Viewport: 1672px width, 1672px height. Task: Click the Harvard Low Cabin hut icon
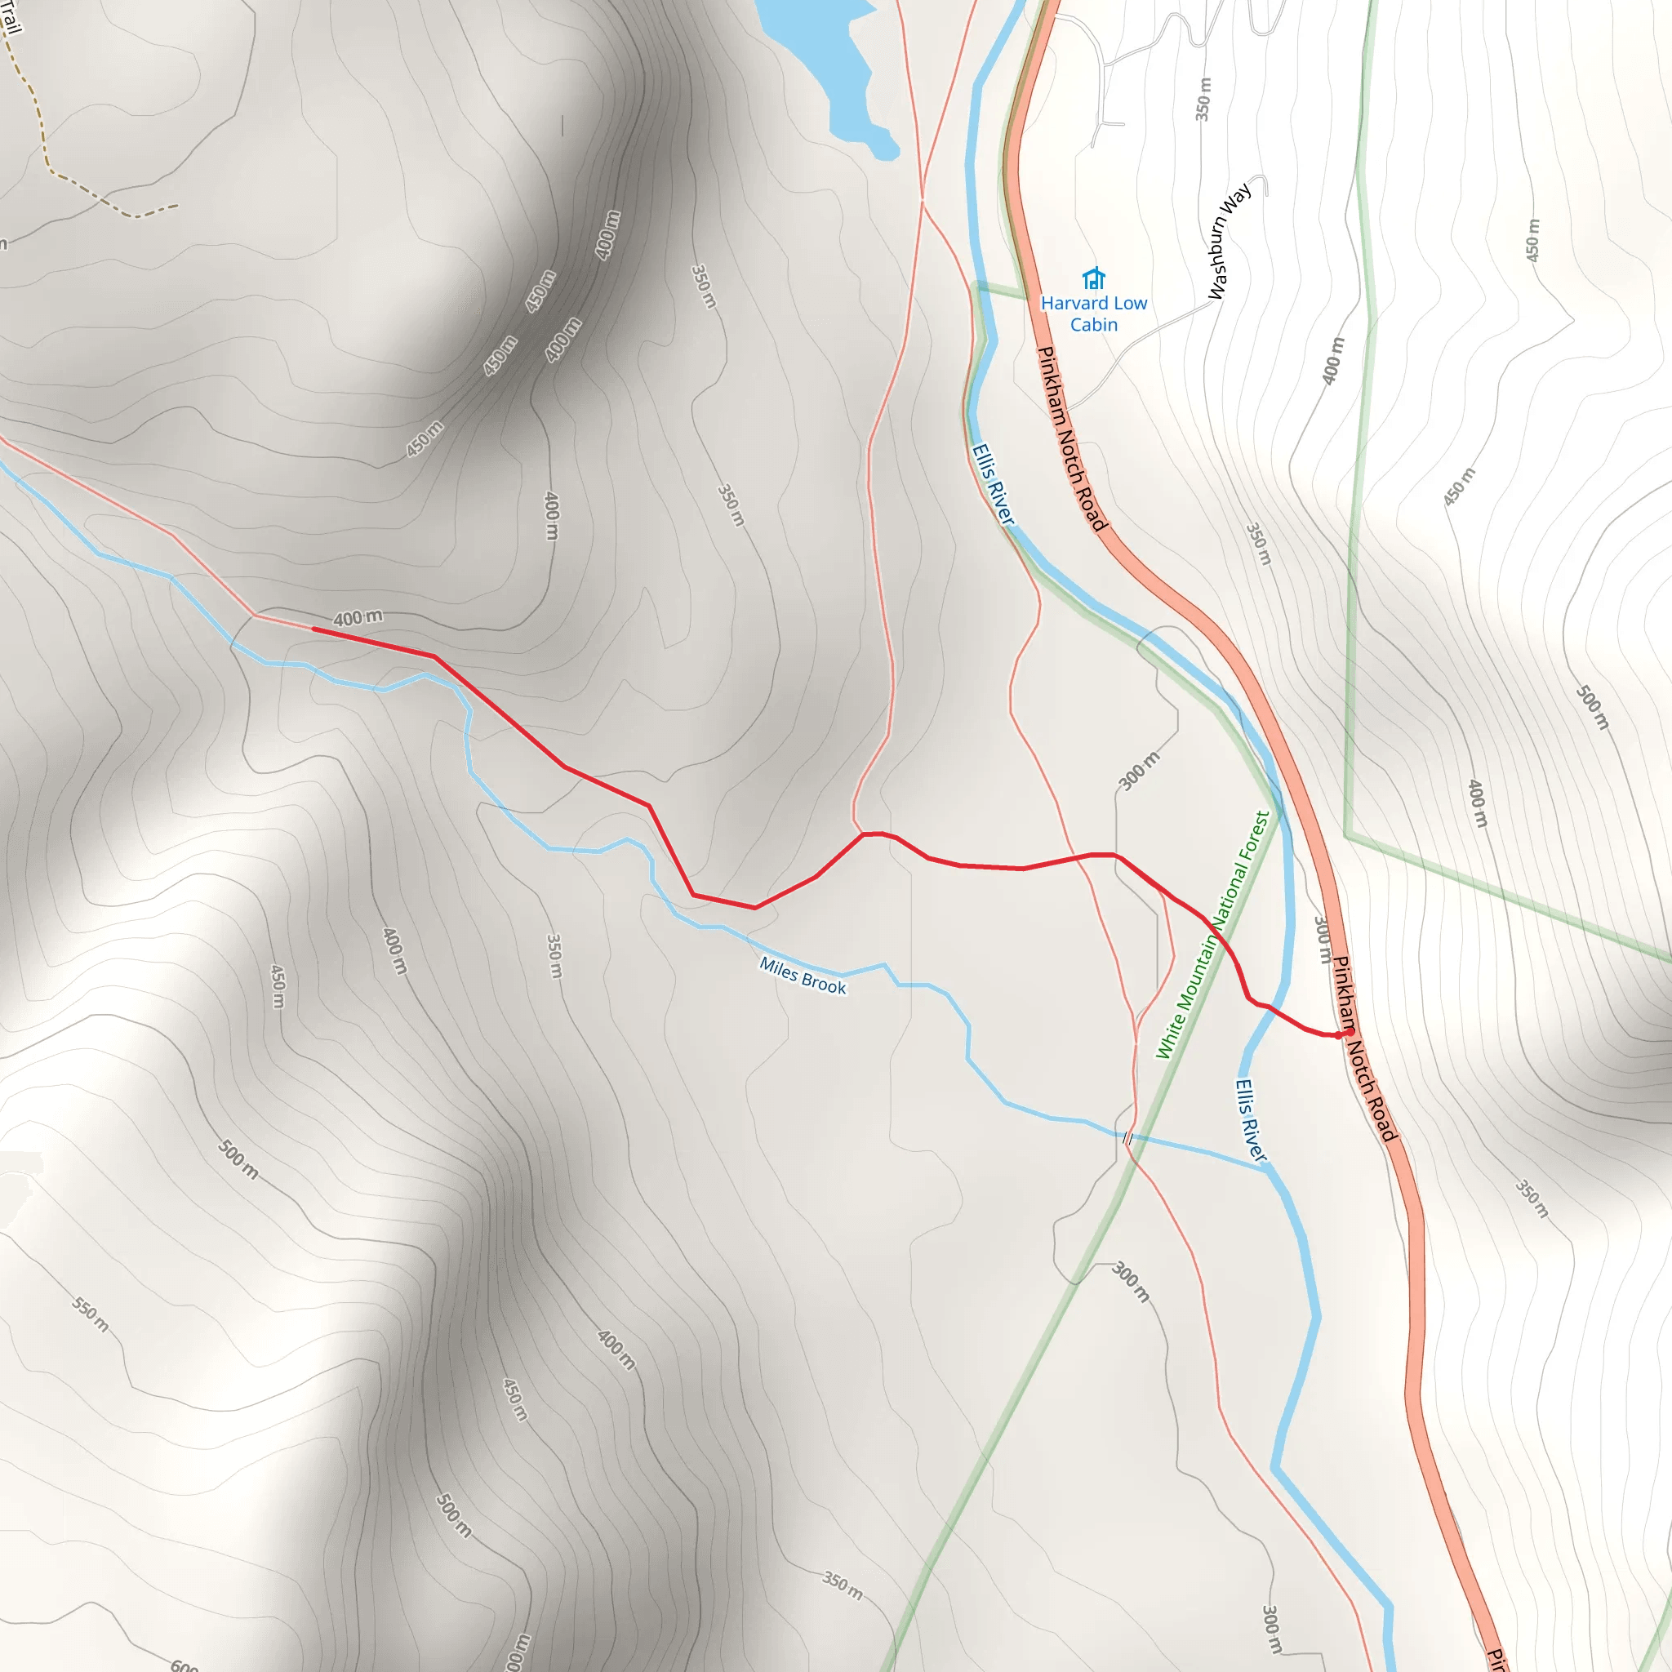[1094, 278]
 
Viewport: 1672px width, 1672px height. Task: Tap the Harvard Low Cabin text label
[1094, 313]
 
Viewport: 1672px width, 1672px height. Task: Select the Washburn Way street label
[1229, 241]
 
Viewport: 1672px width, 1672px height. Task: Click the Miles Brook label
[803, 976]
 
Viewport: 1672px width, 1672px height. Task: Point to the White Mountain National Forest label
[1212, 935]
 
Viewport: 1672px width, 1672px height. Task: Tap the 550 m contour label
[90, 1314]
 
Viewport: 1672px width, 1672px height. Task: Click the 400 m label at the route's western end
[358, 618]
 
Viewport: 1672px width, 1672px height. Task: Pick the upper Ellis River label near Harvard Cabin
[992, 484]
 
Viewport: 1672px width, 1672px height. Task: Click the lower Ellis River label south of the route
[1250, 1120]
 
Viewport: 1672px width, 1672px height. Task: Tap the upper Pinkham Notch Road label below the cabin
[1071, 438]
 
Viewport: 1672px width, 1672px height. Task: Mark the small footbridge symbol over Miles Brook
[1127, 1138]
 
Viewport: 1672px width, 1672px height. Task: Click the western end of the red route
[313, 629]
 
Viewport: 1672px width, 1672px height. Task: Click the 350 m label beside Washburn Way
[1203, 100]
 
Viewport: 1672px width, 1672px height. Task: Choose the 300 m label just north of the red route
[1139, 771]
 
